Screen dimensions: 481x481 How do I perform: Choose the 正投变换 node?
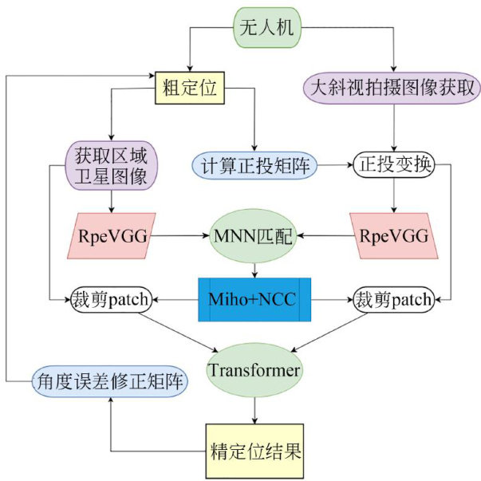394,166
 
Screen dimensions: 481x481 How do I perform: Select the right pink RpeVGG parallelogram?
394,236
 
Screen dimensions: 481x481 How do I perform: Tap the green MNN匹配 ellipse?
254,236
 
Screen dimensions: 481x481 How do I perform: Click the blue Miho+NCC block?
254,300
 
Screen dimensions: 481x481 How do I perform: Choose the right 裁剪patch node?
394,300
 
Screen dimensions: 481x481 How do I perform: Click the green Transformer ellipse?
254,369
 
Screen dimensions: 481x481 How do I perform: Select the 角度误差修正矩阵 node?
110,382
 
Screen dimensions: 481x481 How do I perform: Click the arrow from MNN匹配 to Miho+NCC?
254,270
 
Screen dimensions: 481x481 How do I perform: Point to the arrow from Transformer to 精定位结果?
254,410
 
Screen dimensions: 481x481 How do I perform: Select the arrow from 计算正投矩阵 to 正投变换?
335,166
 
